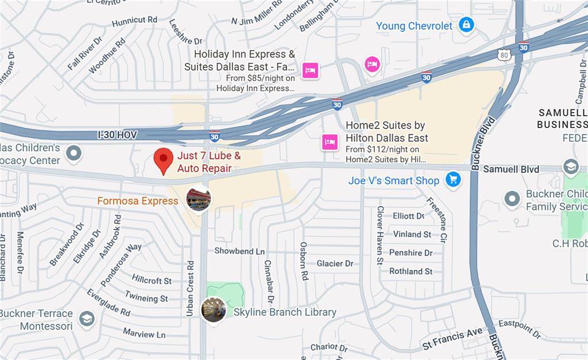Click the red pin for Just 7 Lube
165,160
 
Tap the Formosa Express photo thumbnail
199,199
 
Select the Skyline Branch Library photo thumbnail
213,309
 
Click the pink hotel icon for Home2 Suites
330,141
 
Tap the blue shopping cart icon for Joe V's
454,180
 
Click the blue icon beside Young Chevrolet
467,25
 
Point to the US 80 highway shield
504,55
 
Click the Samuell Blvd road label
511,169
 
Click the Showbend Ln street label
239,251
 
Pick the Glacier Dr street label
335,264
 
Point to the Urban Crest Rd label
190,289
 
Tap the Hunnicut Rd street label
134,21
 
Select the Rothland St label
411,271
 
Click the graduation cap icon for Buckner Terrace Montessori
87,319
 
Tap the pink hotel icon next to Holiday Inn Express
311,71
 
